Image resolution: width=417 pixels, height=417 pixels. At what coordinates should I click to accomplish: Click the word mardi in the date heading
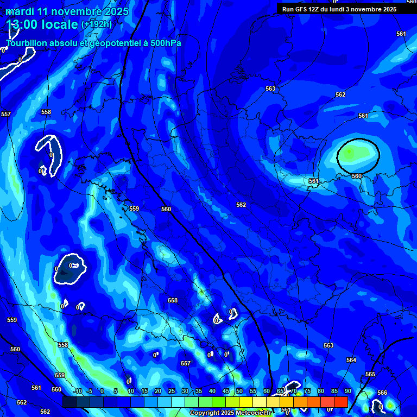coord(20,11)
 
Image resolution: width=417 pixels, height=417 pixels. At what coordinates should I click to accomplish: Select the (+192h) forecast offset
coord(97,25)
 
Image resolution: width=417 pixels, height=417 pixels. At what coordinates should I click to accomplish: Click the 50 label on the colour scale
coord(239,391)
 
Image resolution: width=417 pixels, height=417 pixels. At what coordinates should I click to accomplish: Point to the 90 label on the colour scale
coord(347,391)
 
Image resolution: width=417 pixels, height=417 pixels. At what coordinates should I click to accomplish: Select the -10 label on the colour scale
coord(77,391)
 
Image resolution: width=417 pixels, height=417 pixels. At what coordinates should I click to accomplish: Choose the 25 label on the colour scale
coord(171,391)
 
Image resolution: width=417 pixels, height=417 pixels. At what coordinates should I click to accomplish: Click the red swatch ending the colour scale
coord(341,402)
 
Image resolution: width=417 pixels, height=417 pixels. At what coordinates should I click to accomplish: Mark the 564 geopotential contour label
coord(351,360)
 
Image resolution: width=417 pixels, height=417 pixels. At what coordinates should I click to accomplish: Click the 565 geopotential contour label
coord(370,375)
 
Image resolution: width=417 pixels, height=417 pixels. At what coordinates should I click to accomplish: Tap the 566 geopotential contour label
coord(382,393)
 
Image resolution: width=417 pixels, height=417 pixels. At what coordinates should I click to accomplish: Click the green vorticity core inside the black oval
coord(350,153)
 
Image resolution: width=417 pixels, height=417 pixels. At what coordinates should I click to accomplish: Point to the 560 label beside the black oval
coord(357,176)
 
